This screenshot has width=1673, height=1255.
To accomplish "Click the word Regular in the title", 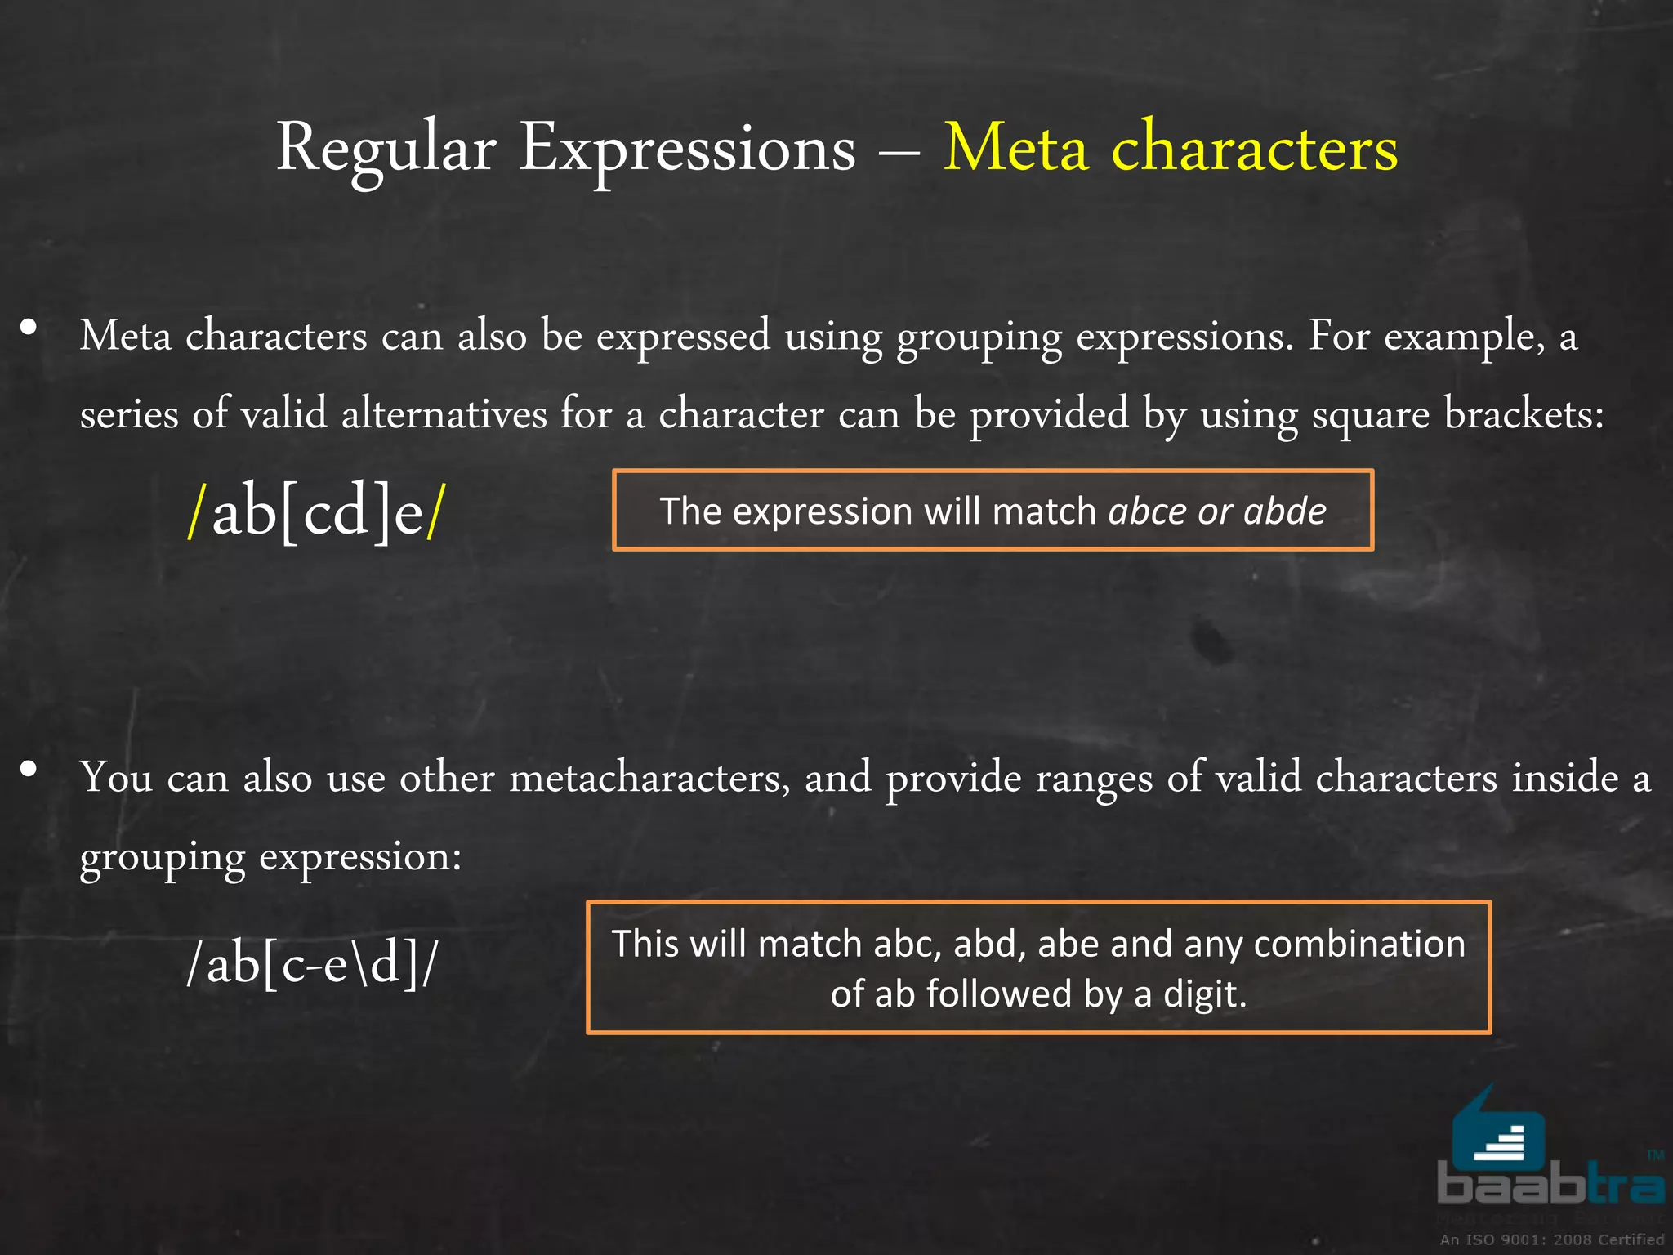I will click(386, 149).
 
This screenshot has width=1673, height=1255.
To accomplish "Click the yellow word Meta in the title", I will click(1016, 149).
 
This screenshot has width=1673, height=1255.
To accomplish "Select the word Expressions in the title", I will click(687, 149).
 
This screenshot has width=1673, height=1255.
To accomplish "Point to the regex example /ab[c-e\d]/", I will click(312, 964).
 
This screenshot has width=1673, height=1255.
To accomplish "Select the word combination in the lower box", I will click(1359, 944).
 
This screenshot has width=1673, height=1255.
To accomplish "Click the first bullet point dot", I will click(29, 328).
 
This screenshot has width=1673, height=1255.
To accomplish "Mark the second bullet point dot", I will click(29, 769).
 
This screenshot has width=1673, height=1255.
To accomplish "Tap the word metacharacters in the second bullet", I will click(649, 777).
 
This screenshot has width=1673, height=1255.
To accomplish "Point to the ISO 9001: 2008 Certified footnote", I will click(1551, 1239).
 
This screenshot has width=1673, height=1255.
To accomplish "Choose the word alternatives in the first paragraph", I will click(444, 413).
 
